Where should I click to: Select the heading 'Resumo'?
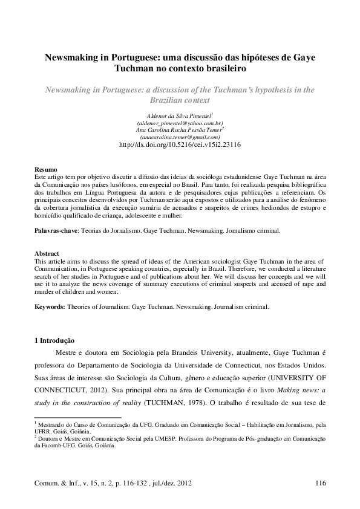[45, 170]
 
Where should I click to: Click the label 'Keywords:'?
[51, 306]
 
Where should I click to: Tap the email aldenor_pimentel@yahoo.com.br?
[180, 122]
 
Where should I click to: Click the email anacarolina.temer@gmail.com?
[180, 137]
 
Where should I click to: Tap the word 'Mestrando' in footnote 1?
[53, 426]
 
